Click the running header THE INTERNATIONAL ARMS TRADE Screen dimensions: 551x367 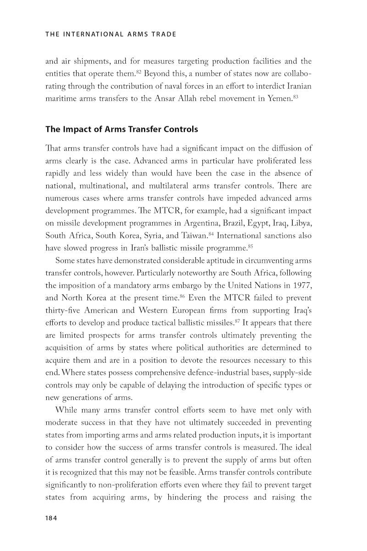(x=111, y=34)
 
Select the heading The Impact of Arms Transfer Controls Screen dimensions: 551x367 (x=122, y=129)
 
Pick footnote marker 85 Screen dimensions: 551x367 (x=250, y=247)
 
